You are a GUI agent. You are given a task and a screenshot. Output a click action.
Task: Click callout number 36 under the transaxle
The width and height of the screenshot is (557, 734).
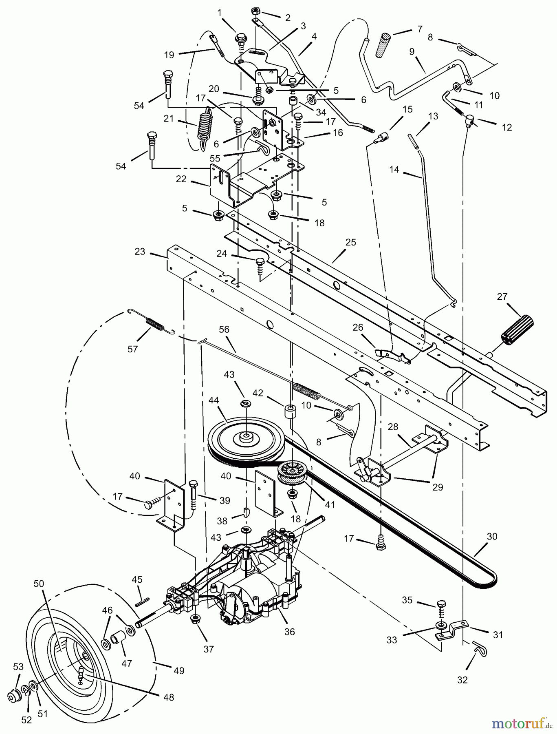(290, 631)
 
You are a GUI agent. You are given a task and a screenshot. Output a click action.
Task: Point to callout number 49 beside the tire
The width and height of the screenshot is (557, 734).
(179, 670)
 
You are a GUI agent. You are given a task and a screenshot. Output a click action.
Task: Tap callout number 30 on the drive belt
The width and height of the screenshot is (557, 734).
(492, 536)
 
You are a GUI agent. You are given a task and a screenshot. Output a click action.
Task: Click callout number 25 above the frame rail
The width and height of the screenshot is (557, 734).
(350, 242)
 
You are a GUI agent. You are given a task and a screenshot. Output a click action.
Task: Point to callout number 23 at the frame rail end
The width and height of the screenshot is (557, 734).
(140, 252)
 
